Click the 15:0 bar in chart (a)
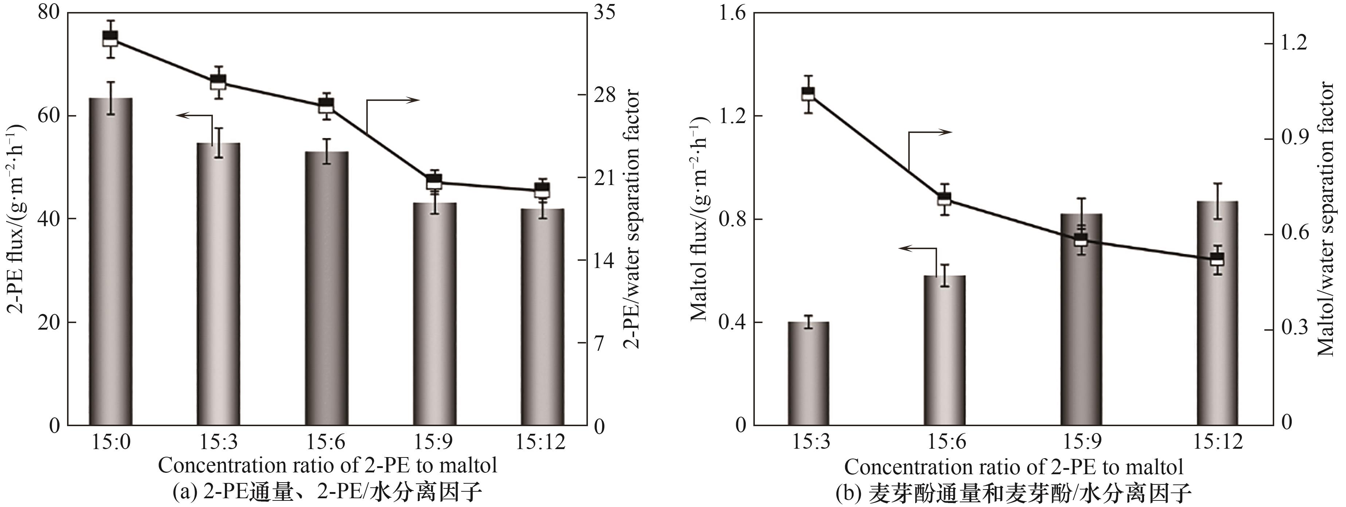110,261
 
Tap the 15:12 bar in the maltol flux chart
1217,313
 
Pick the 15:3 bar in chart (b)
808,373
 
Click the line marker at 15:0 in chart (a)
110,38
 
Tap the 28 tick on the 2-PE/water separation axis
605,95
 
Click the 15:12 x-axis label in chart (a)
541,442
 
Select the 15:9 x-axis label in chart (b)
1081,442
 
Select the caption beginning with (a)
327,491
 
